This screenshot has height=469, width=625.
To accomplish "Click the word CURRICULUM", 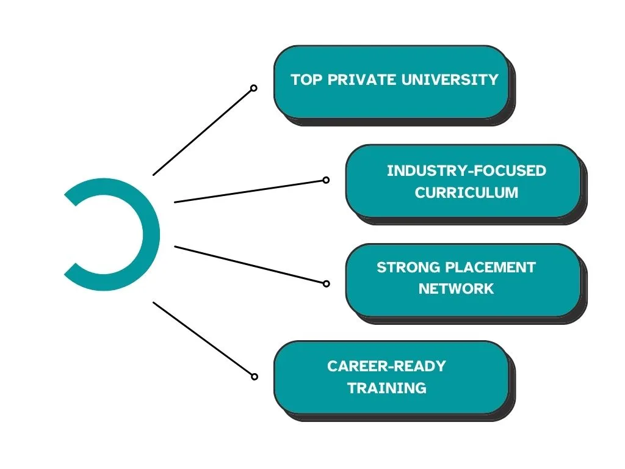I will coord(466,192).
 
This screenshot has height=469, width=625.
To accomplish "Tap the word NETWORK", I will coord(456,288).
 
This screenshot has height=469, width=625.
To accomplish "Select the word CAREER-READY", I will coord(386,366).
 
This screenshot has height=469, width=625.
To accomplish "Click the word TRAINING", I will coord(386,387).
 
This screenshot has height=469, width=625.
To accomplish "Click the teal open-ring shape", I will coord(150,234).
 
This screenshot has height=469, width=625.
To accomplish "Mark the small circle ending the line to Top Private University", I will coord(254,88).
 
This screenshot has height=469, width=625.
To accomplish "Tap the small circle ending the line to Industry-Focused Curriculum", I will coord(326,180).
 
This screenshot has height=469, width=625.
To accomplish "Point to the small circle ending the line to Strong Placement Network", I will coord(326,283).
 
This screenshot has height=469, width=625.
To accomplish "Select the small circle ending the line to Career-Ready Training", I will coord(255,377).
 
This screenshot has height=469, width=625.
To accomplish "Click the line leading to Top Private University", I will coord(202,132).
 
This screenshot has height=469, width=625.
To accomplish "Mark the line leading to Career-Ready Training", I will coord(203,339).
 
